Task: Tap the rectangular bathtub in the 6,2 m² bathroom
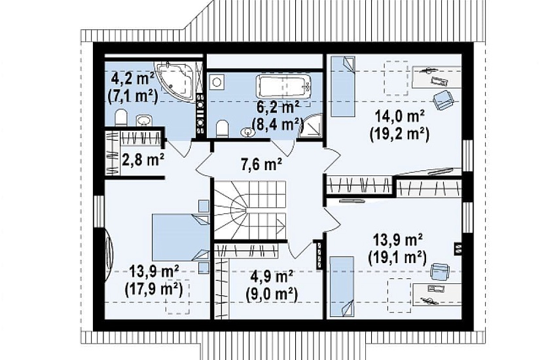click(283, 86)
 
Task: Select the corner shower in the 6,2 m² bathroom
click(311, 126)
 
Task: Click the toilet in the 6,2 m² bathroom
click(222, 128)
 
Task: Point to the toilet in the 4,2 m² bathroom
click(121, 117)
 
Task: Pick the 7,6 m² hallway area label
click(261, 164)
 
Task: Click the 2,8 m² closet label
click(143, 159)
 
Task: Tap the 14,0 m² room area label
click(399, 117)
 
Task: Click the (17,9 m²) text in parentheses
click(153, 289)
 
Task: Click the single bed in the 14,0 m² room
click(343, 86)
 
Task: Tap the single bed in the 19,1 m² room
click(342, 287)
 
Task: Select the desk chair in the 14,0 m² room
click(443, 100)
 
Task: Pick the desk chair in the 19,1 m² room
click(440, 271)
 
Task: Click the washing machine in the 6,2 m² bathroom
click(217, 82)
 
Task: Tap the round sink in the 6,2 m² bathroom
click(246, 132)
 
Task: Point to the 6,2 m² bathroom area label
click(278, 108)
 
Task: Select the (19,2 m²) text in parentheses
click(399, 134)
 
